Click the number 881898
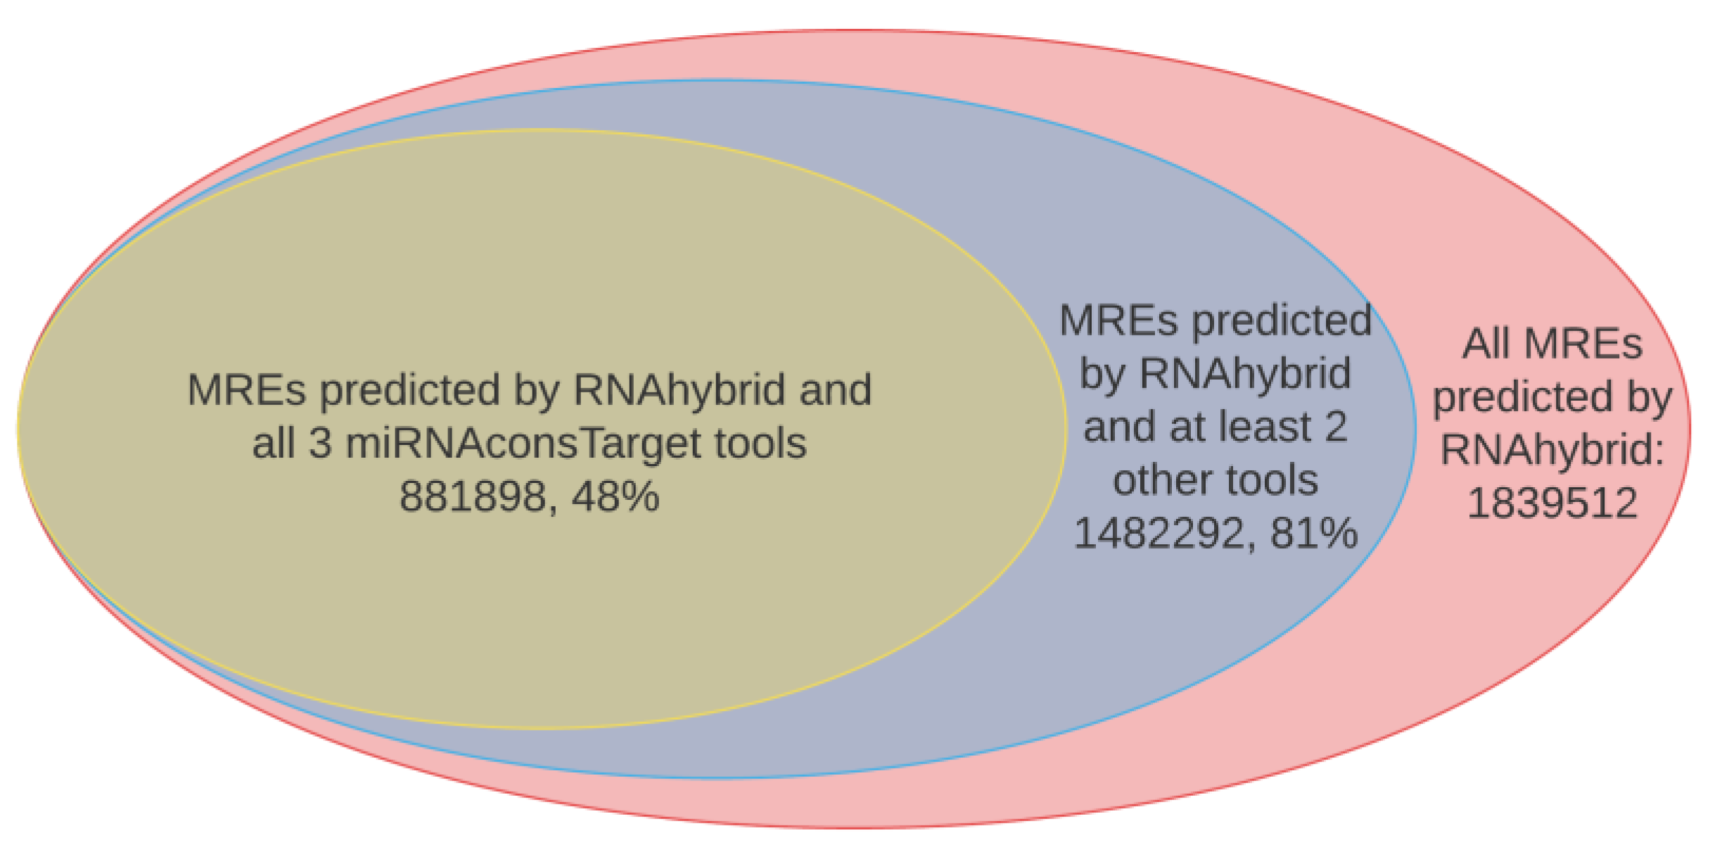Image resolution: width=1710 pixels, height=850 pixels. coord(473,496)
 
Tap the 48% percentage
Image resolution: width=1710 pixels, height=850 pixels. coord(615,496)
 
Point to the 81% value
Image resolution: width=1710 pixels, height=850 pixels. coord(1314,533)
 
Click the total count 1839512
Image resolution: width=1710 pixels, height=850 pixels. coord(1552,503)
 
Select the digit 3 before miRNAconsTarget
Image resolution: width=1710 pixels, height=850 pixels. coord(320,444)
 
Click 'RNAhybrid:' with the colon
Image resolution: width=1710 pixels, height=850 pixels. coord(1552,450)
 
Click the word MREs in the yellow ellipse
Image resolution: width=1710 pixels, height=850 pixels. coord(247,390)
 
